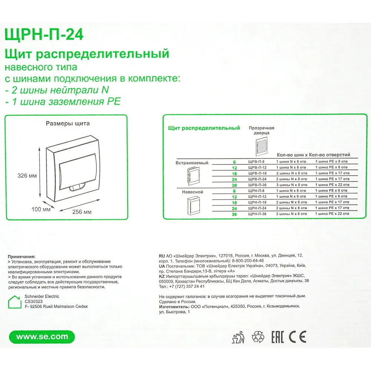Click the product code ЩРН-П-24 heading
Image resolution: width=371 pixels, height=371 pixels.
[44, 35]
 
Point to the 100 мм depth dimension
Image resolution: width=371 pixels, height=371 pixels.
[41, 209]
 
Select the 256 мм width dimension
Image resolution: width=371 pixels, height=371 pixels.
[82, 212]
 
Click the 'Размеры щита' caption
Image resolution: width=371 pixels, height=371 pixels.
[68, 124]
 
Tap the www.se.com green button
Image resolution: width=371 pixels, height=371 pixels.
[43, 337]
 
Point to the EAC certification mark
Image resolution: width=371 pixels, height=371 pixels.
[278, 337]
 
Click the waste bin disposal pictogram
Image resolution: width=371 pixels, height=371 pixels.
[237, 337]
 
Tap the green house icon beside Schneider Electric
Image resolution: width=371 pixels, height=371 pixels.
[15, 302]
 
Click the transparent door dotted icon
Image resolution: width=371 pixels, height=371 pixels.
[262, 146]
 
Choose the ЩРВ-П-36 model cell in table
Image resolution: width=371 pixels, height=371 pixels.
[257, 184]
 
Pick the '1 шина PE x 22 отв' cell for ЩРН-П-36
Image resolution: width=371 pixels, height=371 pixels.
[332, 214]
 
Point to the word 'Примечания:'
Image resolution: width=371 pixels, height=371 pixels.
[22, 256]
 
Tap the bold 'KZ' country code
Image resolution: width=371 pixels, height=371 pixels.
[162, 276]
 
